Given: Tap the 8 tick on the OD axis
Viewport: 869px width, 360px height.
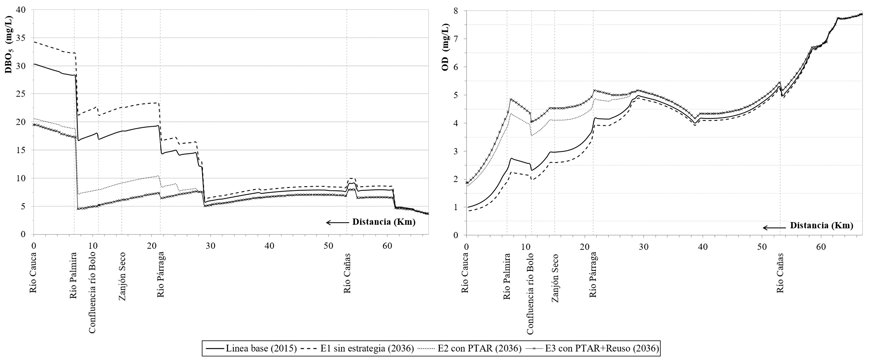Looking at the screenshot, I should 456,11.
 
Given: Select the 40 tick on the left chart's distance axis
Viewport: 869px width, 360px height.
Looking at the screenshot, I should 269,246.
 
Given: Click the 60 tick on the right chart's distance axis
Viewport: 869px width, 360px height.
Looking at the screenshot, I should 821,247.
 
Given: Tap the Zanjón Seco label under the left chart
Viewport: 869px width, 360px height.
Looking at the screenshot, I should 122,276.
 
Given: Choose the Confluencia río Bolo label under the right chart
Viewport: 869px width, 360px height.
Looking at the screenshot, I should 531,294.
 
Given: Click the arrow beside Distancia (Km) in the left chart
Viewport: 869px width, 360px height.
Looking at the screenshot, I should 337,222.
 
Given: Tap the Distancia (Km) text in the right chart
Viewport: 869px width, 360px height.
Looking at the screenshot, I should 821,226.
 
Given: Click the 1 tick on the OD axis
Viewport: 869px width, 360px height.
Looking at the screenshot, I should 456,207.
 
